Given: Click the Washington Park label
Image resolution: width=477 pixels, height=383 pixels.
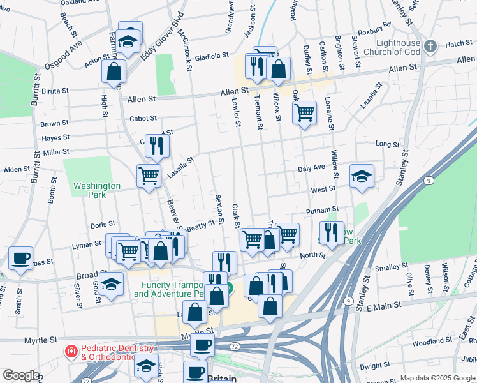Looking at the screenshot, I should (x=96, y=190).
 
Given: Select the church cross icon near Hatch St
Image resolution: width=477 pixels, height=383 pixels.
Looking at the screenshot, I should (x=430, y=45).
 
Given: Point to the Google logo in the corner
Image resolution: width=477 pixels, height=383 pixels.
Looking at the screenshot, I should (x=21, y=375).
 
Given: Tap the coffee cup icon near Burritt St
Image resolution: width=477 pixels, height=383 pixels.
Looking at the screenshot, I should (x=20, y=259).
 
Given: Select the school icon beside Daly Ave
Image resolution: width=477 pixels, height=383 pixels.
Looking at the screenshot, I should (x=362, y=176).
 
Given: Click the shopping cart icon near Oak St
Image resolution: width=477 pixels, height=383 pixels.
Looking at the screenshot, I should (x=305, y=112).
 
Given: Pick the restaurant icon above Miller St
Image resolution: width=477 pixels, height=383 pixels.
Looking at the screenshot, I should (x=156, y=146).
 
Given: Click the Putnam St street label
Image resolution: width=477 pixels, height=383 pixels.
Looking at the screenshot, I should (x=322, y=209).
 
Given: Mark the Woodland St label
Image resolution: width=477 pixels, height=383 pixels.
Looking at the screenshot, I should (x=432, y=342).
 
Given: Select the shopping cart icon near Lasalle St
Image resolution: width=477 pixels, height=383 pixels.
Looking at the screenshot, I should (x=149, y=175).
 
